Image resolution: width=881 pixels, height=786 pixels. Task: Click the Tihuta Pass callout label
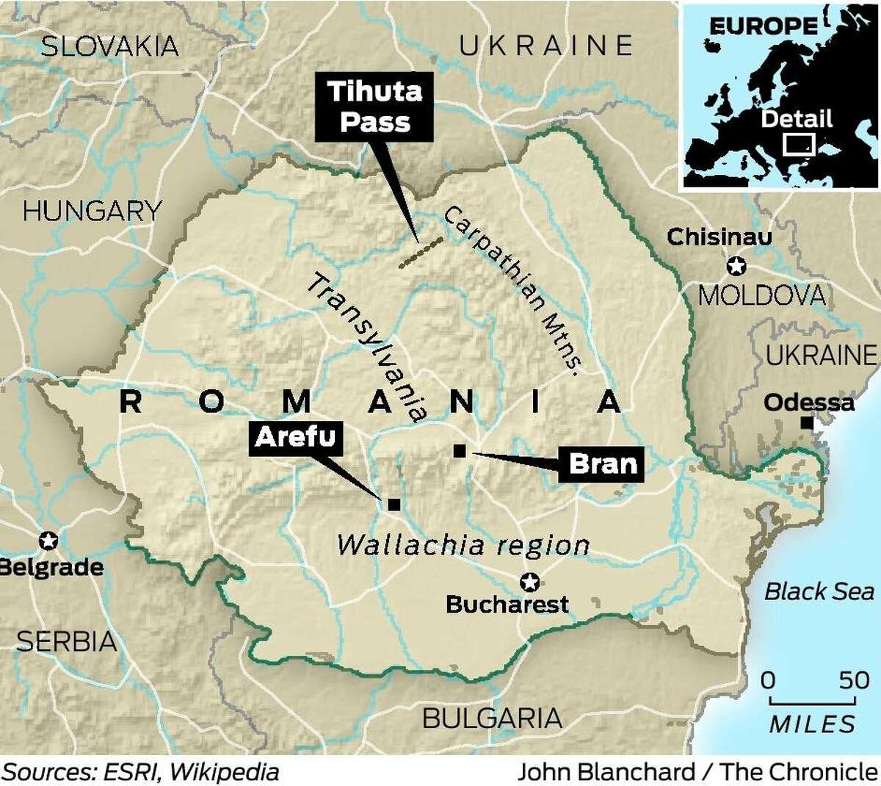click(374, 107)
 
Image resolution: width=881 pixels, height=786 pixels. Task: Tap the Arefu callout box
click(294, 437)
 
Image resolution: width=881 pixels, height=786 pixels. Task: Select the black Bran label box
click(602, 464)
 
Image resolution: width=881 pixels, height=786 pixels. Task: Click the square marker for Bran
click(460, 450)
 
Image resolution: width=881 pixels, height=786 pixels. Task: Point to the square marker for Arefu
click(394, 504)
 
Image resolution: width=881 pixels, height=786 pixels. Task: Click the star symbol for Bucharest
click(529, 583)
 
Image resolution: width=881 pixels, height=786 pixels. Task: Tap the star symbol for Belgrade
click(48, 541)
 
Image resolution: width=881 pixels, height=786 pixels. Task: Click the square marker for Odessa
click(807, 423)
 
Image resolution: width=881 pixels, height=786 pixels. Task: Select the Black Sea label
click(819, 591)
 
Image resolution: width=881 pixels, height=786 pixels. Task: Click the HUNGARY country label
click(92, 212)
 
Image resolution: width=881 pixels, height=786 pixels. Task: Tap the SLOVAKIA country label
click(109, 46)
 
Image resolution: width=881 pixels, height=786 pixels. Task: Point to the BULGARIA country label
click(492, 718)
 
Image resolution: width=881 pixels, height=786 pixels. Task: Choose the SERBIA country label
click(66, 641)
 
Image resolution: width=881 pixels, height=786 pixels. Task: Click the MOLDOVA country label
click(761, 295)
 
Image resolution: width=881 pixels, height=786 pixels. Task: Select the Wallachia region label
click(463, 545)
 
